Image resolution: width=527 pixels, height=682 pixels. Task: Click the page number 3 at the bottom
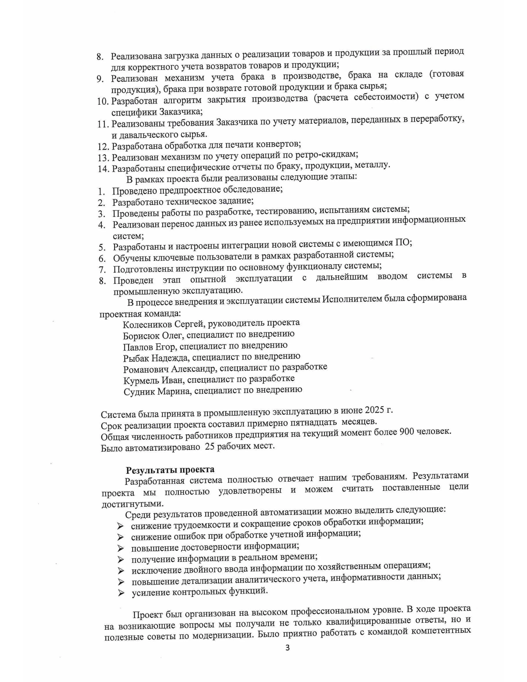coord(287,648)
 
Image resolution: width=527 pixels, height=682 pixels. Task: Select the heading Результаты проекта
coord(170,470)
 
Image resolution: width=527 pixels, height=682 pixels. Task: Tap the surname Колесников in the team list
coord(147,324)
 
